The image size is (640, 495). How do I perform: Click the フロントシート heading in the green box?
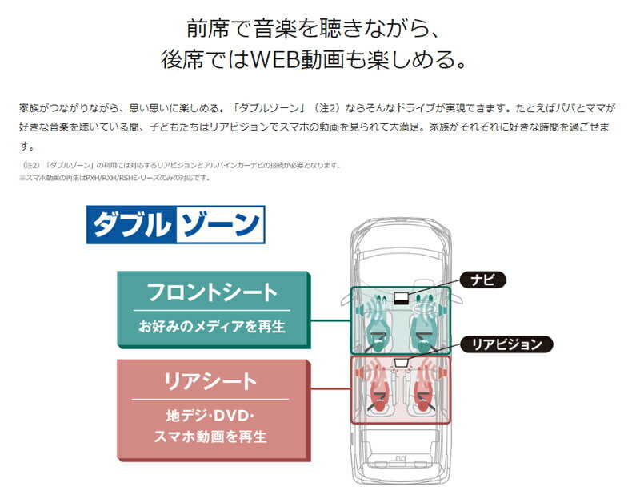pos(212,292)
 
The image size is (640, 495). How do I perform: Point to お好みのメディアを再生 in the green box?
pos(212,327)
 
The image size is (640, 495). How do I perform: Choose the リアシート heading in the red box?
pos(212,380)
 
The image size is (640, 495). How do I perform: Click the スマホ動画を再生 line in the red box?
pos(212,437)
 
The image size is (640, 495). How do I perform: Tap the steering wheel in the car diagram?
pos(425,309)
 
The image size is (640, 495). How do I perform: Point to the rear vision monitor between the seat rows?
pos(402,362)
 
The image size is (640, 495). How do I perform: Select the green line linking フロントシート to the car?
pos(330,320)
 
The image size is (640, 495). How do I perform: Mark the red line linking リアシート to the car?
pos(330,389)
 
